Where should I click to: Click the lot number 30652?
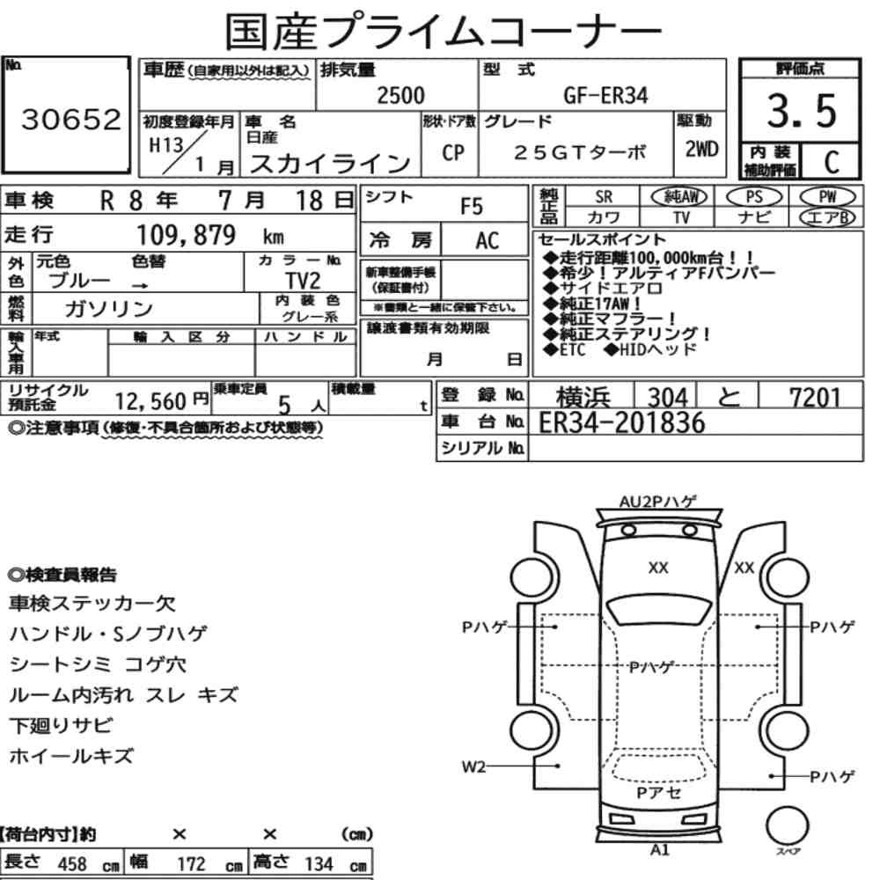[x=70, y=119]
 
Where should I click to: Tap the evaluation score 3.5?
[x=802, y=111]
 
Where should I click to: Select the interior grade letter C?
[x=832, y=162]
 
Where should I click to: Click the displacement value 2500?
[x=400, y=95]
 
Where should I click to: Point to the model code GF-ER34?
[x=605, y=95]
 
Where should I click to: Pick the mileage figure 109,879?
[x=187, y=235]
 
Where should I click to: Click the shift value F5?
[x=472, y=207]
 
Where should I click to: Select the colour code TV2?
[x=303, y=280]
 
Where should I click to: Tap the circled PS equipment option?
[x=754, y=197]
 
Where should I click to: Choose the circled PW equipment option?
[x=827, y=197]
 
